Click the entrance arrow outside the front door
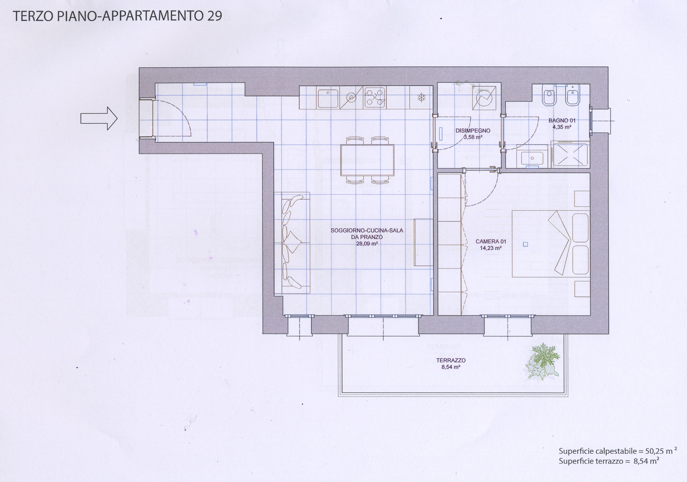[99, 119]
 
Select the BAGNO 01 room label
[562, 121]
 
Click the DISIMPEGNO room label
[473, 131]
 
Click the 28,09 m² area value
[367, 244]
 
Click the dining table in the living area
[367, 160]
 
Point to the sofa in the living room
[292, 243]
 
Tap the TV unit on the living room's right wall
[423, 243]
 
